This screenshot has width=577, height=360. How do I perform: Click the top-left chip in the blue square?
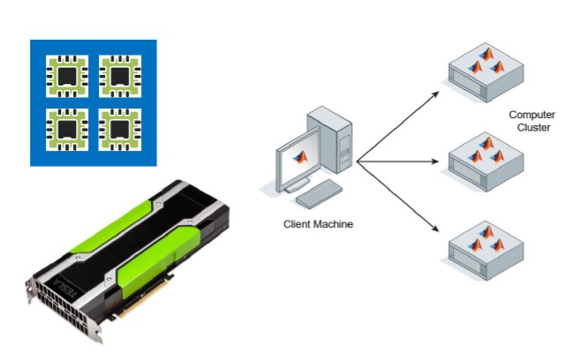pos(67,76)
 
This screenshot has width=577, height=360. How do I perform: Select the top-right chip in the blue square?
pos(118,76)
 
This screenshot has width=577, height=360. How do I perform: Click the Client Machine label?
pos(318,224)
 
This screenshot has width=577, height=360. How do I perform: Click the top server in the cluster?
pos(485,71)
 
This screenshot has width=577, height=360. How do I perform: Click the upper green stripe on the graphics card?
pos(124,217)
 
